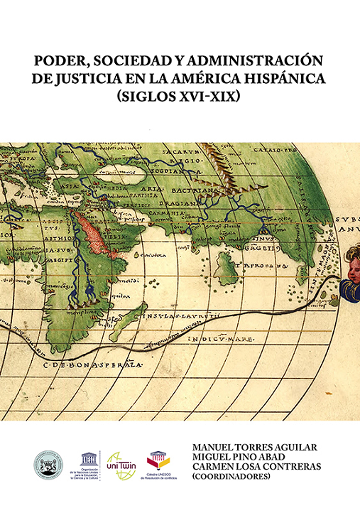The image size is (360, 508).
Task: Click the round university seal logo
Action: coord(49,464)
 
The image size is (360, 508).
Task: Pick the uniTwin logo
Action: coord(121,463)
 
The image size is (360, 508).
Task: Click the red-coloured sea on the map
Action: coord(94,237)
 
